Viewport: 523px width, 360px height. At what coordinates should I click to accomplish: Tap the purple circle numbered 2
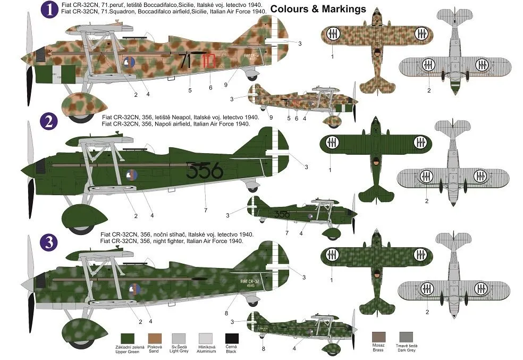coord(49,123)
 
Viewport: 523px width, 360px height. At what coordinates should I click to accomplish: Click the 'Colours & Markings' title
coord(318,9)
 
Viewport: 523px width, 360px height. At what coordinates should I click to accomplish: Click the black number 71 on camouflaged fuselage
coord(184,61)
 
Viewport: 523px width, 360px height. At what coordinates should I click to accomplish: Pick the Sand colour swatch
coord(154,338)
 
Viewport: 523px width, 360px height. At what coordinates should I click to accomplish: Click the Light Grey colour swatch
coord(179,338)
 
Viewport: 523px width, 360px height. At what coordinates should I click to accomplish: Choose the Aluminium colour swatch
coord(206,338)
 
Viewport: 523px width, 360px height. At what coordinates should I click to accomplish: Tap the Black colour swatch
coord(231,338)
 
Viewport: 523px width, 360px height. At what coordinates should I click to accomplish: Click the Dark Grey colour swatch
coord(406,336)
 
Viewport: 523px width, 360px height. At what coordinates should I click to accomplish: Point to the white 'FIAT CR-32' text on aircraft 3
coord(249,280)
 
